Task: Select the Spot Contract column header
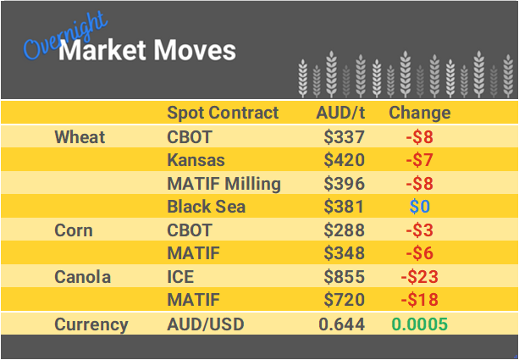[222, 113]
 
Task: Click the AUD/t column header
[340, 113]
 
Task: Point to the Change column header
[419, 113]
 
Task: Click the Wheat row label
[80, 136]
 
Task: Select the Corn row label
[73, 230]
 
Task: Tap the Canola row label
[82, 277]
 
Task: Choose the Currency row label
[91, 324]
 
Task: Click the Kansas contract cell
[195, 160]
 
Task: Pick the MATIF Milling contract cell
[224, 184]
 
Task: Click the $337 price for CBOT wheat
[344, 136]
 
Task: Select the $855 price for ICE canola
[344, 277]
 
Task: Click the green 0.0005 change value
[419, 324]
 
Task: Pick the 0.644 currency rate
[342, 324]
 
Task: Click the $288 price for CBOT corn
[344, 230]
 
